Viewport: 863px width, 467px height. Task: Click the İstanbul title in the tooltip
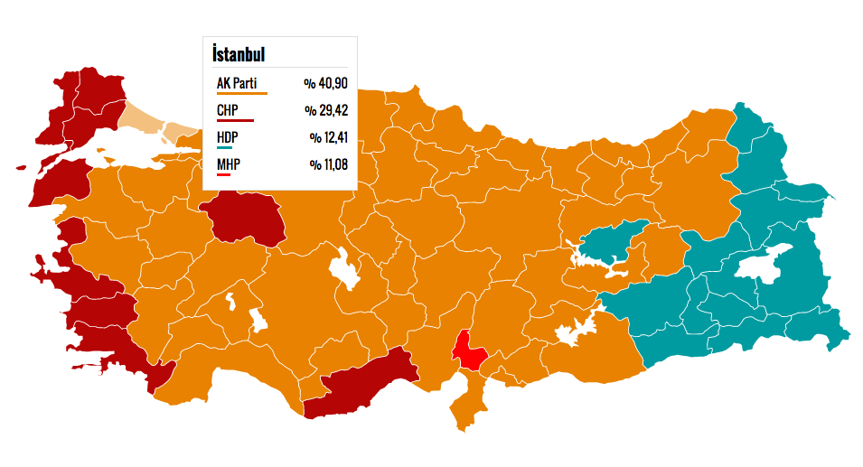coord(239,54)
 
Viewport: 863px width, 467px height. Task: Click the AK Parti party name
coord(237,84)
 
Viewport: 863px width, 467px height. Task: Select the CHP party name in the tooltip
coord(228,111)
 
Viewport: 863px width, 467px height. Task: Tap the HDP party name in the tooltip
coord(228,138)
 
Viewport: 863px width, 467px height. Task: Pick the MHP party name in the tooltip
coord(229,164)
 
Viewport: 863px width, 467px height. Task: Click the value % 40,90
coord(325,84)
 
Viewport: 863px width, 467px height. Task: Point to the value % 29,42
coord(325,111)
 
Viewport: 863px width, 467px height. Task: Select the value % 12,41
coord(328,138)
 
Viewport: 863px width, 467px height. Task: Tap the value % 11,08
coord(328,164)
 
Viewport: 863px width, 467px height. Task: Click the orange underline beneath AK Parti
coord(242,93)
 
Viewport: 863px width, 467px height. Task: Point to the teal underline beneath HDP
coord(225,147)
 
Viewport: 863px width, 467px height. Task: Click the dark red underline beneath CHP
coord(235,120)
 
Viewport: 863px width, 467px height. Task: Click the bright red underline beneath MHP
coord(224,173)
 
